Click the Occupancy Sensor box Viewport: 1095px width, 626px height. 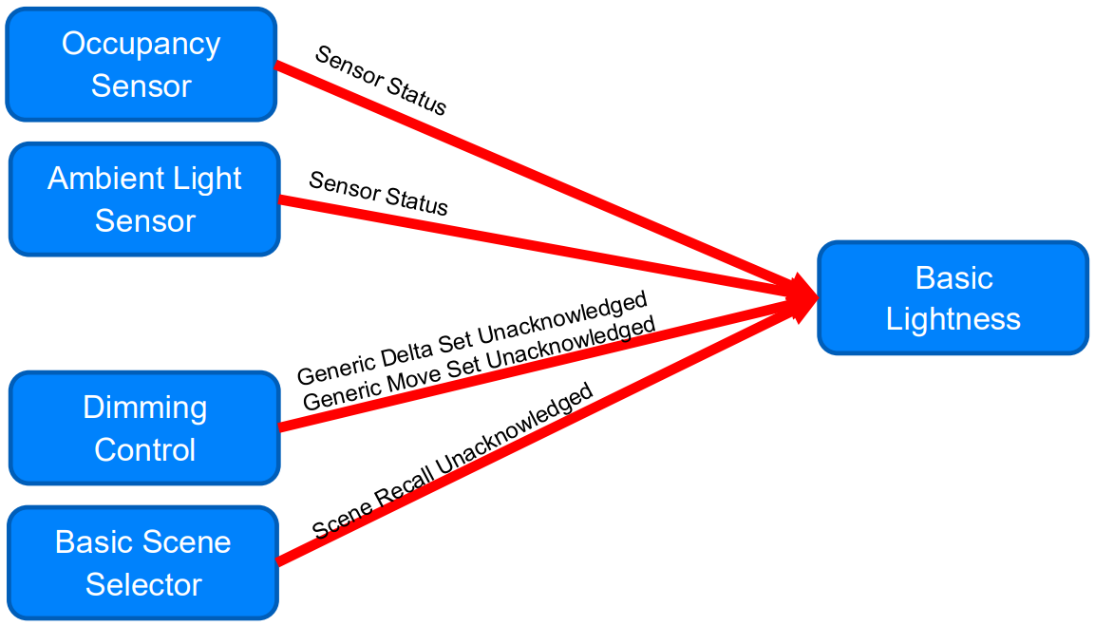pyautogui.click(x=141, y=65)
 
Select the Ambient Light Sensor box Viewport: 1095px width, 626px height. pyautogui.click(x=144, y=199)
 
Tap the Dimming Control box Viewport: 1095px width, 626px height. pyautogui.click(x=144, y=428)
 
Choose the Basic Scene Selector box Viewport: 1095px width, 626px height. pyautogui.click(x=142, y=563)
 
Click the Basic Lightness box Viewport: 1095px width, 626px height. pyautogui.click(x=953, y=298)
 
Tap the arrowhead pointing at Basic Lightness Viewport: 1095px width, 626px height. pyautogui.click(x=802, y=297)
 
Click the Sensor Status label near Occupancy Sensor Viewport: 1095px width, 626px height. pyautogui.click(x=380, y=81)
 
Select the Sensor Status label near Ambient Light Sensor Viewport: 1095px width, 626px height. pyautogui.click(x=378, y=194)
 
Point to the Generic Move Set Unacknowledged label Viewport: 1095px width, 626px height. pyautogui.click(x=479, y=364)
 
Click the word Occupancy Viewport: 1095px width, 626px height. pyautogui.click(x=141, y=45)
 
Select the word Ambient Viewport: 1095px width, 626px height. pyautogui.click(x=92, y=179)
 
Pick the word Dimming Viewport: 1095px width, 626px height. pyautogui.click(x=144, y=408)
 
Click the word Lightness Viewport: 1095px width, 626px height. pyautogui.click(x=953, y=319)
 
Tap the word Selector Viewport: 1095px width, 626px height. pyautogui.click(x=142, y=584)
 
